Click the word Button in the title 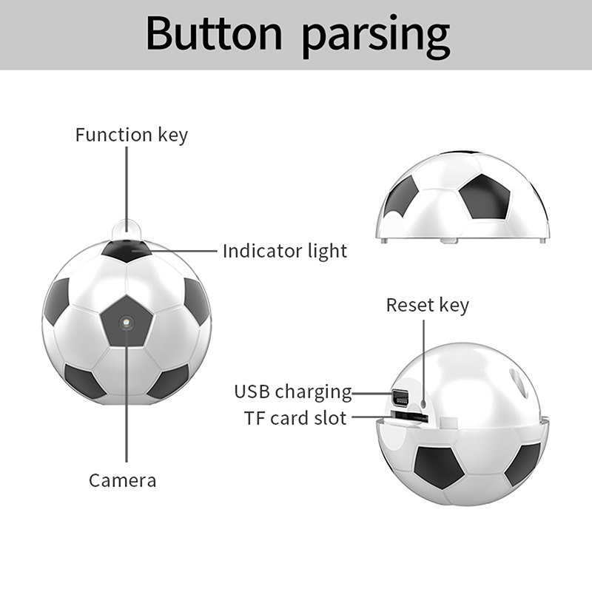click(x=214, y=33)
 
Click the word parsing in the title click(x=376, y=37)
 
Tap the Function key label click(x=132, y=135)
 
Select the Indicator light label click(x=285, y=251)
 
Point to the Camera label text click(x=122, y=480)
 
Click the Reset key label click(x=428, y=305)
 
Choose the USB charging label click(x=293, y=391)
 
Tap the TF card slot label click(x=295, y=418)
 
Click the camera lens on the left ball click(x=126, y=323)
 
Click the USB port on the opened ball click(x=400, y=397)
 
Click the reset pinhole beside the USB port click(x=423, y=403)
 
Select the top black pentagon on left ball click(x=127, y=250)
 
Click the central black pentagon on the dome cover click(x=485, y=197)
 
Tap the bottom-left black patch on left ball click(x=84, y=380)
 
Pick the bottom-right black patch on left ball click(x=169, y=381)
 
